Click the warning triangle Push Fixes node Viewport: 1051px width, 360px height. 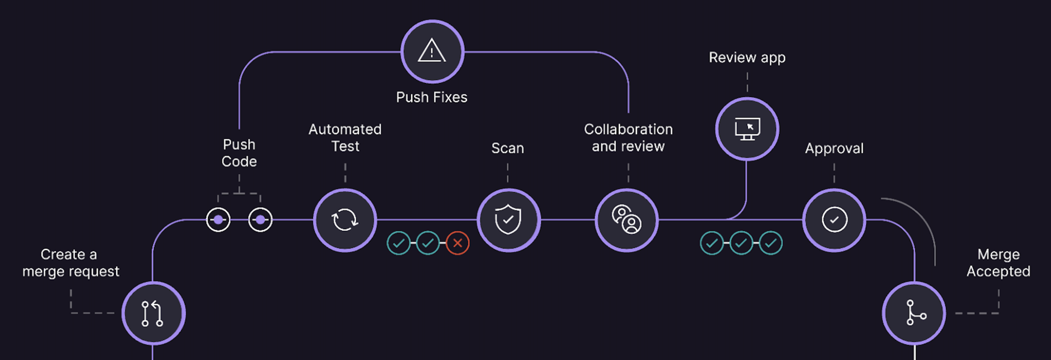[432, 51]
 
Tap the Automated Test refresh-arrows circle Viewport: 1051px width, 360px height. [345, 220]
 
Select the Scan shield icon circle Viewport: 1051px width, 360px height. [508, 220]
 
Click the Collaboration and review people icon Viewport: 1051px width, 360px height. [627, 220]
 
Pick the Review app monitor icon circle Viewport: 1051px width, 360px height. [747, 129]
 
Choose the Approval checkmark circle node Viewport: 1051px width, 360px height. [834, 220]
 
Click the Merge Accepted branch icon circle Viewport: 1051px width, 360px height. [914, 313]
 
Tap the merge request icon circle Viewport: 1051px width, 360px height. [153, 313]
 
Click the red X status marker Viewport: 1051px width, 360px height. [457, 243]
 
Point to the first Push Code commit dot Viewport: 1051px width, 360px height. [218, 220]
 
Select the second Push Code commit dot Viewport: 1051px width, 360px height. [261, 220]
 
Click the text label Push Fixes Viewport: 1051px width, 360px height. [431, 97]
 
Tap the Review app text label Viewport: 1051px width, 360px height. [747, 58]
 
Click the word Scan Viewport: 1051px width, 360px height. [507, 148]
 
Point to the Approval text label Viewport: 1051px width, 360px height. [834, 148]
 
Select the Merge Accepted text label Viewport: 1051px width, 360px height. [998, 263]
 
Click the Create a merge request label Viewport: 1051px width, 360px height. [70, 263]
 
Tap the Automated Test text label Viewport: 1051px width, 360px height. [345, 138]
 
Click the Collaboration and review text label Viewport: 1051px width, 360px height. [628, 138]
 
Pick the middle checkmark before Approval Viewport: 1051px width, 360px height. [741, 243]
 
